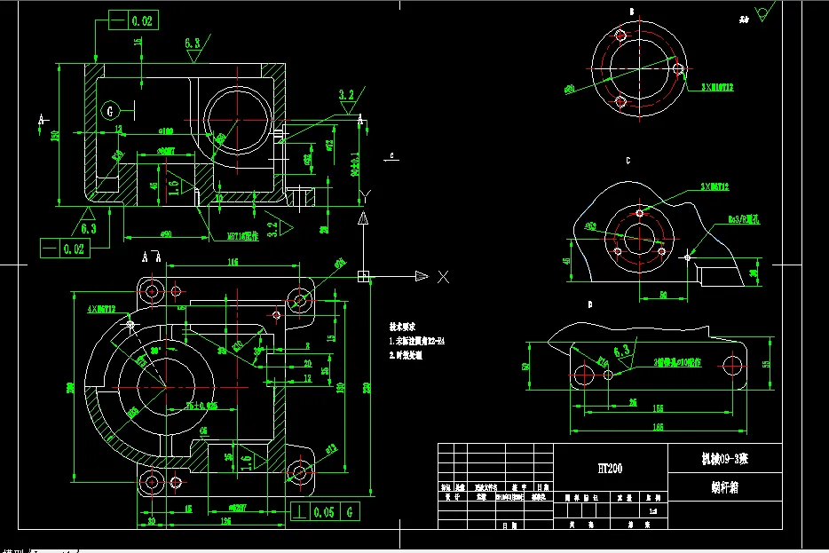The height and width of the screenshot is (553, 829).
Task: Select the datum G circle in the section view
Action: coord(109,111)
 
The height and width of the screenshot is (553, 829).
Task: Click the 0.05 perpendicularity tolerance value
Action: coord(326,512)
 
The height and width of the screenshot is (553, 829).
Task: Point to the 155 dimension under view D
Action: coord(659,407)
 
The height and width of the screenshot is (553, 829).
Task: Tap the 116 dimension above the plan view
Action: coord(233,262)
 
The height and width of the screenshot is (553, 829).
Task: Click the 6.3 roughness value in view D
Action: coord(623,350)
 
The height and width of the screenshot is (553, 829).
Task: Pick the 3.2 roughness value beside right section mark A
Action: coord(345,94)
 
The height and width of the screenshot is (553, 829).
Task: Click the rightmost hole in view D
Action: coord(733,365)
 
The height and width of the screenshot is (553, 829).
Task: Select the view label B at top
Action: coord(632,12)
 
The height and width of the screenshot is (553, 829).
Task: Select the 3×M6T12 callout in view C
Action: coord(714,187)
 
